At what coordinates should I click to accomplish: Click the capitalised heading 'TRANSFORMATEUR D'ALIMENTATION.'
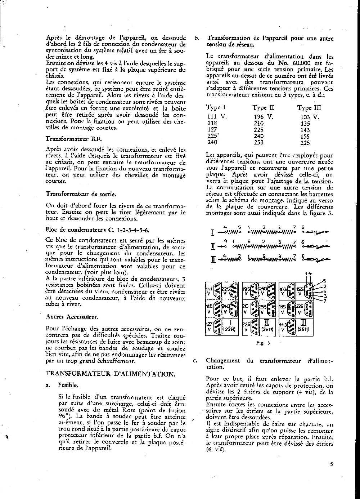pyautogui.click(x=111, y=374)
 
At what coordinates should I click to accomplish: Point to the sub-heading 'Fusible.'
pyautogui.click(x=68, y=385)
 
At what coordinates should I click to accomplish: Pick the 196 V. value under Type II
pyautogui.click(x=263, y=117)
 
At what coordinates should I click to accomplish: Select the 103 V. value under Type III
pyautogui.click(x=310, y=117)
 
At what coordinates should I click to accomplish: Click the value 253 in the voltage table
pyautogui.click(x=258, y=142)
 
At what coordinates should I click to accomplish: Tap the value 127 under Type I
pyautogui.click(x=212, y=130)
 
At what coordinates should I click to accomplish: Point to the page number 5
pyautogui.click(x=331, y=464)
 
